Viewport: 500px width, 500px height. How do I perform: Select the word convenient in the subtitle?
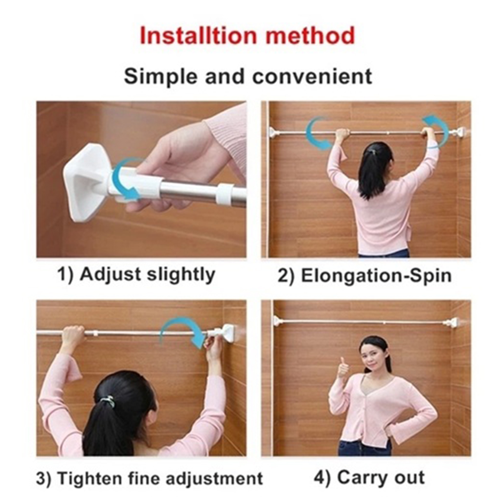tap(312, 77)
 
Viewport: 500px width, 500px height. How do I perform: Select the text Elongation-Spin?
tap(376, 276)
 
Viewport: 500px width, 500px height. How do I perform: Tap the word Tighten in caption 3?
tap(90, 478)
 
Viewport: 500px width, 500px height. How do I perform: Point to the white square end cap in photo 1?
tap(84, 181)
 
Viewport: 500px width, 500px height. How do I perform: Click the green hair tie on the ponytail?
tap(108, 401)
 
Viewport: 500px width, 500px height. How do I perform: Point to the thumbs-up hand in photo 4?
tap(343, 368)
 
